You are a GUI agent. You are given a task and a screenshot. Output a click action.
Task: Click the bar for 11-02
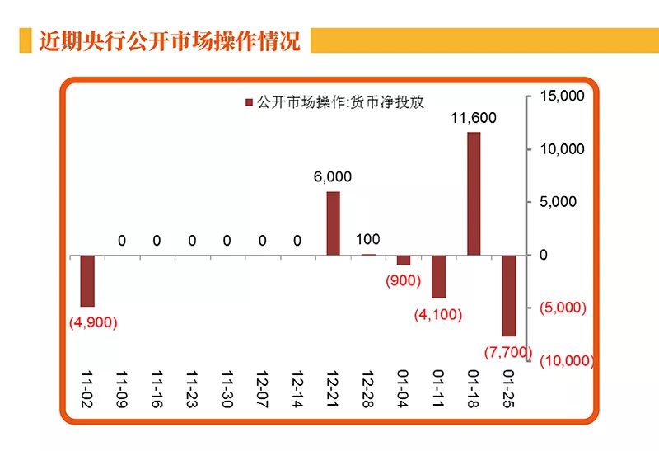[x=87, y=280]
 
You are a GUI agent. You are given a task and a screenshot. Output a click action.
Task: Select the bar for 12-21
[x=333, y=223]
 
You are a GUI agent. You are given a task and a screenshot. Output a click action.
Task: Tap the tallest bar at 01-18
[x=474, y=194]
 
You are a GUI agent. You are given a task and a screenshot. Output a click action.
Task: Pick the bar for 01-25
[x=509, y=295]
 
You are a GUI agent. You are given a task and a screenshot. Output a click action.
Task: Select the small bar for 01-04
[x=404, y=260]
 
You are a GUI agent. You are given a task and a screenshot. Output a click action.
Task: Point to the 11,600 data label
[x=474, y=118]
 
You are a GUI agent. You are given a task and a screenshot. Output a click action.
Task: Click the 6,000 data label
[x=333, y=176]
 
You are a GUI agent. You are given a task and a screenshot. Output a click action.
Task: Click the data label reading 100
[x=368, y=240]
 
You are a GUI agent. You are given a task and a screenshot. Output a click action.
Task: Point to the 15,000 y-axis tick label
[x=562, y=96]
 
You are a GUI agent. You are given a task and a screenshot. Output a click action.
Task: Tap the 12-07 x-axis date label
[x=262, y=385]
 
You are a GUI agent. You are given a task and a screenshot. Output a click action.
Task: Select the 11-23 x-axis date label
[x=192, y=385]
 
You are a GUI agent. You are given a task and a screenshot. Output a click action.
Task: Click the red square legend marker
[x=249, y=102]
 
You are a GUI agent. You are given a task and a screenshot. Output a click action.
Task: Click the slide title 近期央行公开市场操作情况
[x=170, y=40]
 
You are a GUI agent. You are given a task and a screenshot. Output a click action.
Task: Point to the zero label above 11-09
[x=122, y=241]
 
